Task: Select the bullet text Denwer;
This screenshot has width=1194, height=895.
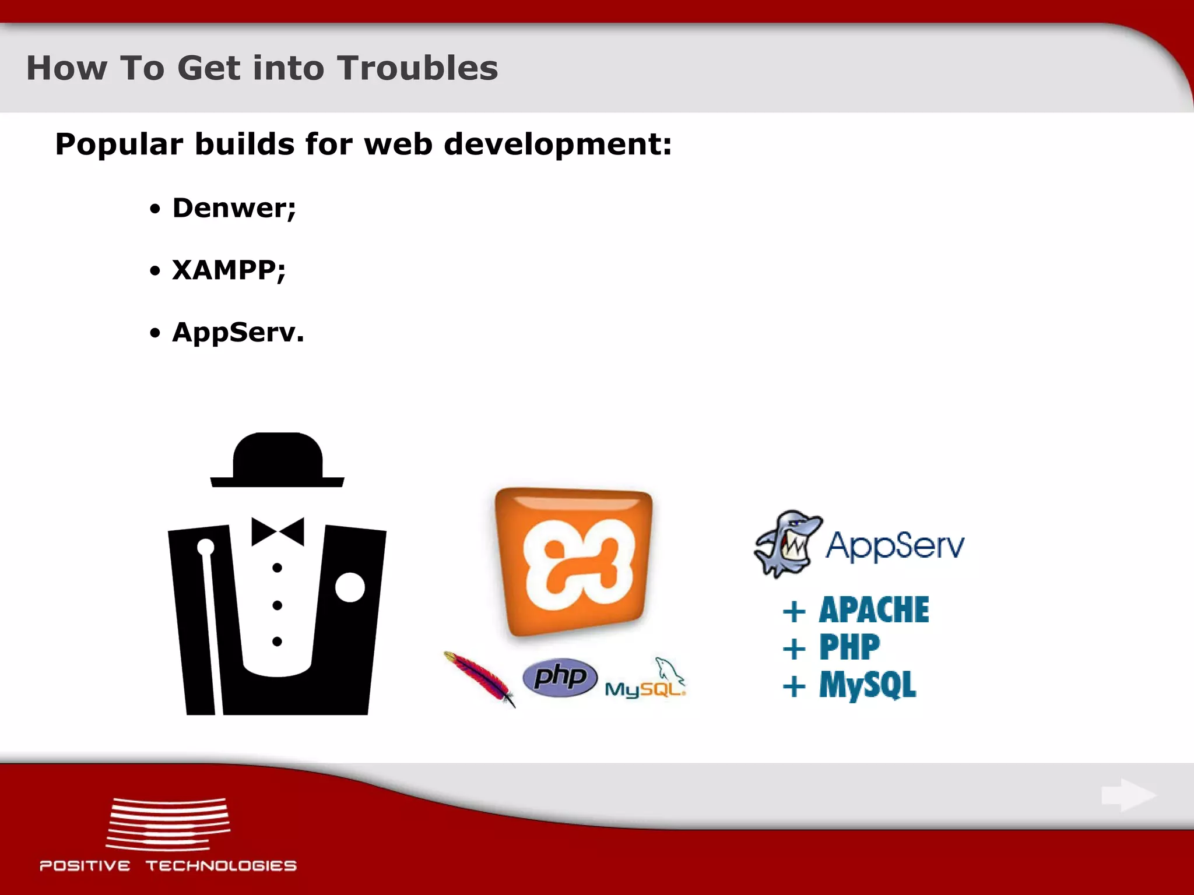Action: tap(234, 208)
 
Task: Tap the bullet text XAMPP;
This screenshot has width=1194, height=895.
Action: tap(229, 270)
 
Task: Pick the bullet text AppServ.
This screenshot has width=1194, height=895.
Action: tap(238, 333)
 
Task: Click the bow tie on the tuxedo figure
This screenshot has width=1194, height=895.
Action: tap(278, 531)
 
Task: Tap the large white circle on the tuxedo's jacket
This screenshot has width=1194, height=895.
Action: tap(350, 587)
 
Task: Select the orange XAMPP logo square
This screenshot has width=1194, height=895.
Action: tap(573, 562)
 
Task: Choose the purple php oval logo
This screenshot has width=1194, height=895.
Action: tap(560, 677)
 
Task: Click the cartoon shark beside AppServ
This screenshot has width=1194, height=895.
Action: tap(787, 544)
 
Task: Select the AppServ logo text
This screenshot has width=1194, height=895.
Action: tap(894, 546)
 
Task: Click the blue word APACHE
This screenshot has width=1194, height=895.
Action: tap(873, 610)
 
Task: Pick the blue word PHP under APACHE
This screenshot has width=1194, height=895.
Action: tap(849, 647)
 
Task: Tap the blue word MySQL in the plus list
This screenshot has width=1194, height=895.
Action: tap(868, 685)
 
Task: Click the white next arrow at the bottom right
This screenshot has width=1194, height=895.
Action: tap(1128, 795)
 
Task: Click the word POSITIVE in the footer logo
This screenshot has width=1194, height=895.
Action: tap(85, 866)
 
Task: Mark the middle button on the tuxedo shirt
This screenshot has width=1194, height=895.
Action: tap(278, 605)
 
